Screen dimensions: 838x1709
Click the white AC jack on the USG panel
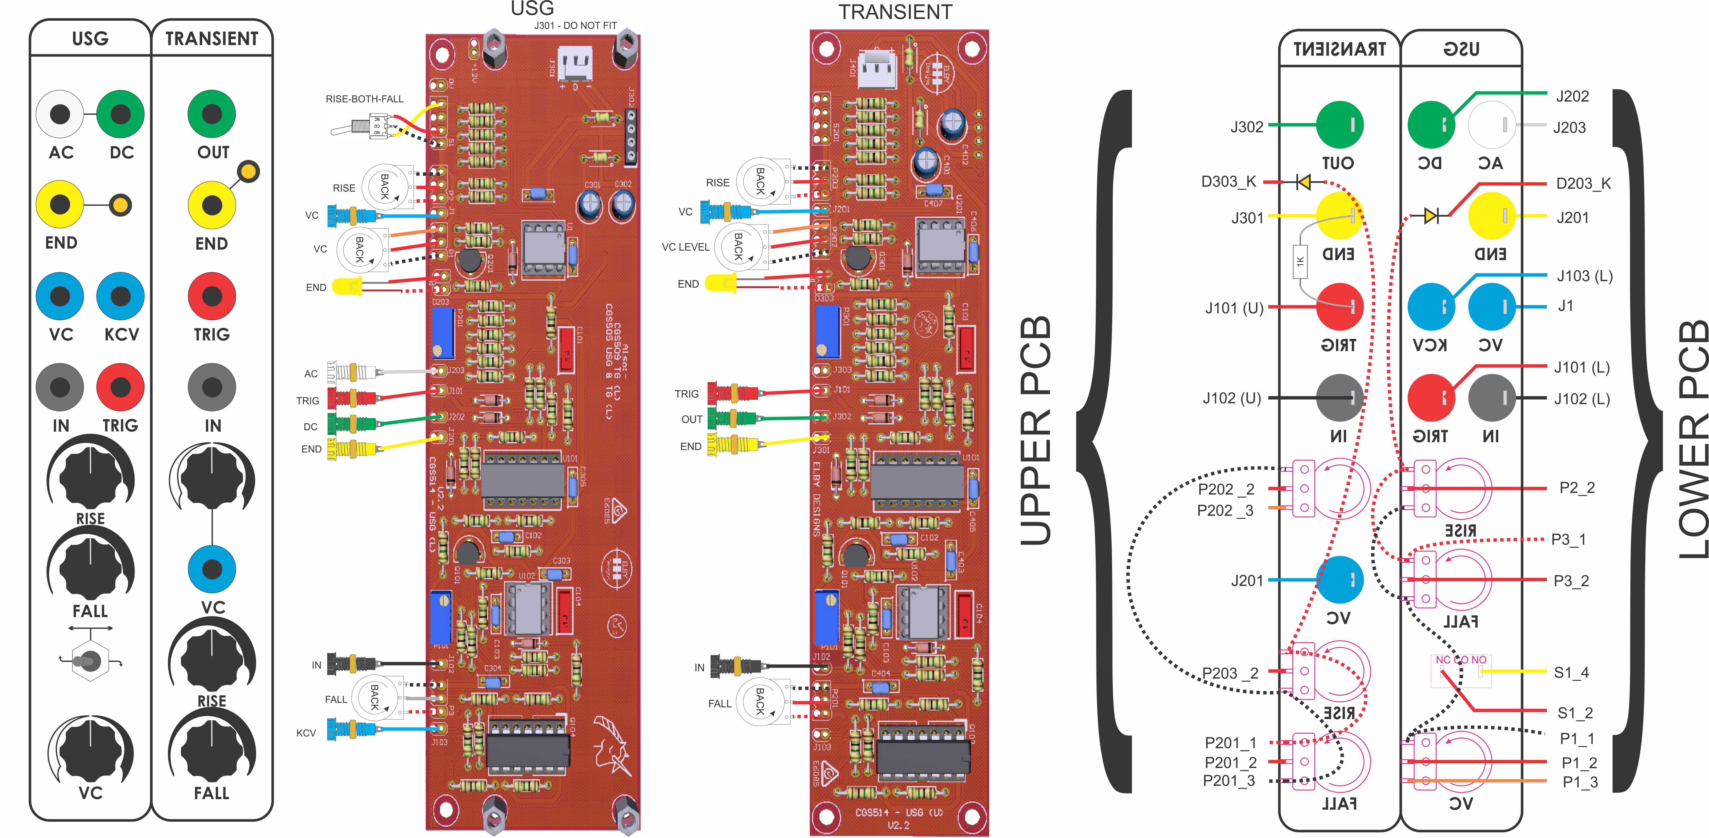click(60, 114)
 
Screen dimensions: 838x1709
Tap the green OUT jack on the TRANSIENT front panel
click(212, 114)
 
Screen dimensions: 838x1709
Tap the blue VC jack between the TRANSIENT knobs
click(212, 569)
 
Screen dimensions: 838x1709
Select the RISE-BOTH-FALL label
click(364, 99)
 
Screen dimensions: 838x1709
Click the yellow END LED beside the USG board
click(346, 287)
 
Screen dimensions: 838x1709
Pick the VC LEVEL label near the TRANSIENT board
click(685, 247)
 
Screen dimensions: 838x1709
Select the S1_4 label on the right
click(1571, 672)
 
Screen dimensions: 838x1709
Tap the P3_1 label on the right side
click(1568, 539)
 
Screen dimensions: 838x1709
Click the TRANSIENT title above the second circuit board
click(895, 12)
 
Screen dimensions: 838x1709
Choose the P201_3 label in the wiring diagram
click(1229, 781)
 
